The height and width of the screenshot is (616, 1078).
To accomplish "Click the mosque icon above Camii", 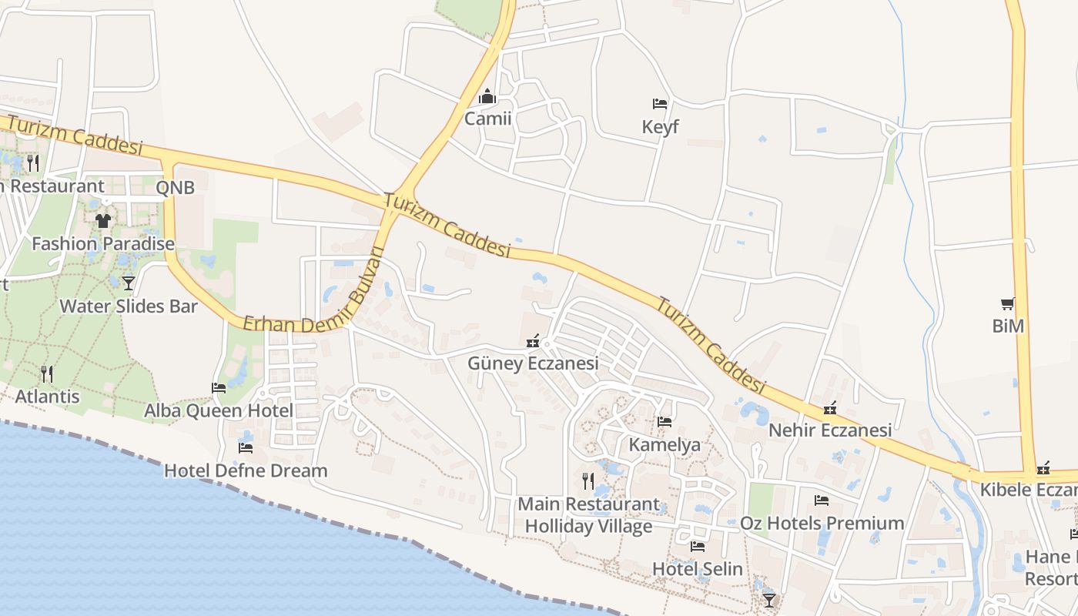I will click(487, 97).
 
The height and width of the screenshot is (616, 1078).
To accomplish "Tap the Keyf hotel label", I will click(660, 126).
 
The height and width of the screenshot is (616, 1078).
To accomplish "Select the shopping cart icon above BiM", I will click(1007, 304).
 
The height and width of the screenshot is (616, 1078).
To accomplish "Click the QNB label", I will click(175, 187).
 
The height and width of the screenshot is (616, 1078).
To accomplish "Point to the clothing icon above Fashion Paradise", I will click(102, 221).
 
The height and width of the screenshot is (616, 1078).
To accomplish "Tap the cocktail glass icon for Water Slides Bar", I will click(128, 283).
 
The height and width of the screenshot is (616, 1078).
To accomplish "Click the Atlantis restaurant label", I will click(48, 397).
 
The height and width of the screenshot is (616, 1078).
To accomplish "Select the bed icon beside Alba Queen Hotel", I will click(219, 388).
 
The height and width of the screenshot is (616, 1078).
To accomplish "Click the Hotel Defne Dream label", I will click(246, 470).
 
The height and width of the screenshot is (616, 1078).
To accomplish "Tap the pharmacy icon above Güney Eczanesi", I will click(532, 340).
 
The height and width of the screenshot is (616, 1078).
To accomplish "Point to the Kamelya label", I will click(665, 444).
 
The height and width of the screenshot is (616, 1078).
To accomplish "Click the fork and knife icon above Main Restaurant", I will click(588, 481).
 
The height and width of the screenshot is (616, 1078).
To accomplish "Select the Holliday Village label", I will click(588, 527).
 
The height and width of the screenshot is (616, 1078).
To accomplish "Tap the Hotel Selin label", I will click(697, 569).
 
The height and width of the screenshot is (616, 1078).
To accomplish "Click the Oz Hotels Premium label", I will click(822, 523).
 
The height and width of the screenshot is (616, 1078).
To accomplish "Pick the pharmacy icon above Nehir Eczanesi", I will click(830, 408).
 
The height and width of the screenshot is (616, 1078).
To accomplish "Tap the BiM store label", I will click(1008, 326).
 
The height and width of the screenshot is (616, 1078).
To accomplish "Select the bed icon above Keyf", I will click(660, 103).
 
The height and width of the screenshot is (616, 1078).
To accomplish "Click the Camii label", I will click(487, 119).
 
